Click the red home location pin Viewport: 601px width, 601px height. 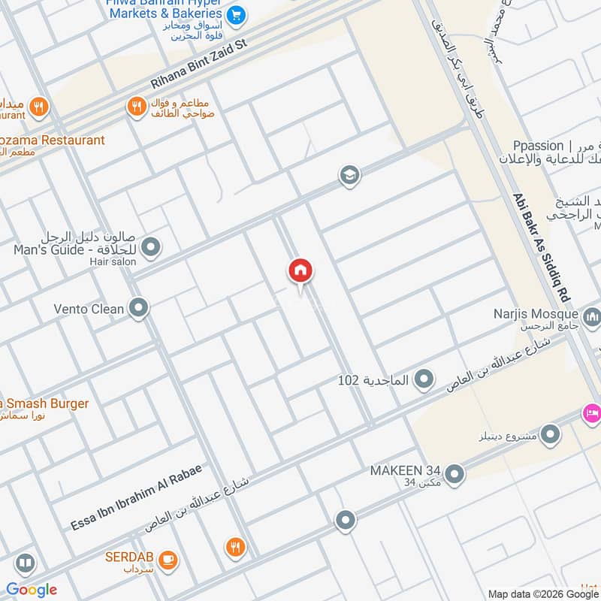coord(300,271)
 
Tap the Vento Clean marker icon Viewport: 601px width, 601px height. coord(138,308)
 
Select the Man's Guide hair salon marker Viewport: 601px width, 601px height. coord(151,246)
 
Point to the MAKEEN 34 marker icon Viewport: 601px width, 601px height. coord(454,473)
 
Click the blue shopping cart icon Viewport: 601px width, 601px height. coord(237,14)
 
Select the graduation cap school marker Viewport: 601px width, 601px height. coord(349,175)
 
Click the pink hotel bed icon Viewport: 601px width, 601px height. coord(591,412)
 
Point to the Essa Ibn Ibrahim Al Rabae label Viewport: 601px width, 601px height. coord(135,497)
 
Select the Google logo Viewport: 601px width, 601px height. coord(32,590)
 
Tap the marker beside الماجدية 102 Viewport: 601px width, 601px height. coord(424,379)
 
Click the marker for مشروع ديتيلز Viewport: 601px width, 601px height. coord(551,434)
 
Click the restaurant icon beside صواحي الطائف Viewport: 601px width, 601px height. coord(136,107)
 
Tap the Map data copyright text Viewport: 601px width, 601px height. coord(542,593)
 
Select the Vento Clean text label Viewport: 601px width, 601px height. coord(89,309)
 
